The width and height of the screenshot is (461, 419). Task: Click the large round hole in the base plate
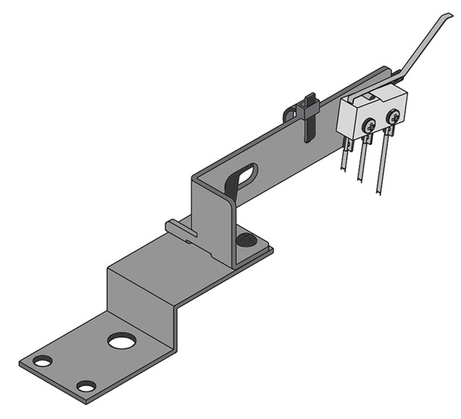pyautogui.click(x=120, y=341)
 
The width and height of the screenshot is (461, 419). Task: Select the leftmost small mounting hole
pyautogui.click(x=42, y=361)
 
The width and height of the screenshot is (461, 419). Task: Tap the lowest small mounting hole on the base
pyautogui.click(x=86, y=386)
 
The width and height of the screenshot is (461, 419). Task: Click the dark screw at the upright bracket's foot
pyautogui.click(x=244, y=240)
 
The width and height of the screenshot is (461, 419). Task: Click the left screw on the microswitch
pyautogui.click(x=369, y=126)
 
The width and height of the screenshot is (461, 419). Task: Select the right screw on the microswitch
pyautogui.click(x=393, y=117)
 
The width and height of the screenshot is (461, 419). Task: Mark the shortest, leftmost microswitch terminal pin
pyautogui.click(x=346, y=156)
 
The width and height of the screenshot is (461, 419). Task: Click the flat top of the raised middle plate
pyautogui.click(x=174, y=258)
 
